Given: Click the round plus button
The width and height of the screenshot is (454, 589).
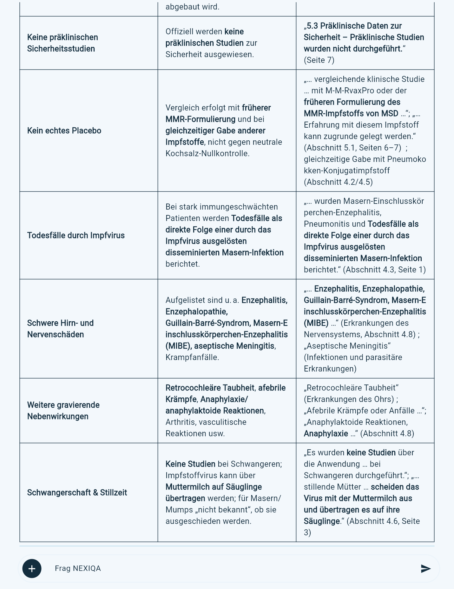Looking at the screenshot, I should [32, 568].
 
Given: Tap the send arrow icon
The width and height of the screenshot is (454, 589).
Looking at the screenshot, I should [425, 568].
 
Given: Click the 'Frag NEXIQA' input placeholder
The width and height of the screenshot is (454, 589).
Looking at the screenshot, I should [78, 568].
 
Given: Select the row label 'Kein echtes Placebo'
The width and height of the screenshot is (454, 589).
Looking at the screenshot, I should [64, 131].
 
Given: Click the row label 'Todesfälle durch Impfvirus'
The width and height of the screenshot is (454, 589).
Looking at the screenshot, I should [76, 235].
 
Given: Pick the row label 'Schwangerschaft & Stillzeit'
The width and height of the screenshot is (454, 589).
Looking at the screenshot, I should [77, 492].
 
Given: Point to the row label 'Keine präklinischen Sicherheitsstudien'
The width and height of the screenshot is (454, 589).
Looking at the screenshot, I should [63, 43].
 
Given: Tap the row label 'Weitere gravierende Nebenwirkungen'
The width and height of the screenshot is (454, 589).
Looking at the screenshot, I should [63, 411].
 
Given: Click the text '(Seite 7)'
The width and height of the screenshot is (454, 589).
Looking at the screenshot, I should [319, 60].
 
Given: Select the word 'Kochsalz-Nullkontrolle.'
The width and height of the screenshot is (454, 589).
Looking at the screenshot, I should [207, 153].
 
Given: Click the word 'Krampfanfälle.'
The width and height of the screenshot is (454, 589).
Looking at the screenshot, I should [192, 357].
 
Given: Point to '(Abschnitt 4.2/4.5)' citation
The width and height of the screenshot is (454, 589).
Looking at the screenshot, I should [338, 182].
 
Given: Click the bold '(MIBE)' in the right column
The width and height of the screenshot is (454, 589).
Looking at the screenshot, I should [316, 323].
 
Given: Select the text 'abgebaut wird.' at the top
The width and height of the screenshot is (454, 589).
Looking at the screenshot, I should [192, 7].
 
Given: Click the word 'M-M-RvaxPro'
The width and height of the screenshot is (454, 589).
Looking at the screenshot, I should [350, 90].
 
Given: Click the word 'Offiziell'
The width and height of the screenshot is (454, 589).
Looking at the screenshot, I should [178, 31].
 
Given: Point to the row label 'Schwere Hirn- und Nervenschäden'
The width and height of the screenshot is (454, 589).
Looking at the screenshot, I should [60, 329].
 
